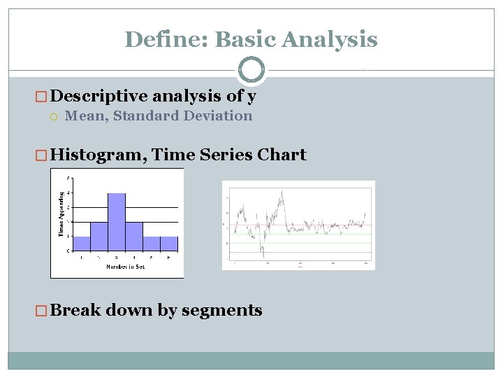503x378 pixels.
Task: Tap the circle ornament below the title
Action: pos(251,70)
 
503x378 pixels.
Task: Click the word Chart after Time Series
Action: pos(283,155)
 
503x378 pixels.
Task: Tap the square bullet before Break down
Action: pos(42,311)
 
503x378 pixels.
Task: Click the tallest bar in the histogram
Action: pos(117,221)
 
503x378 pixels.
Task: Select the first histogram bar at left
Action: pos(82,243)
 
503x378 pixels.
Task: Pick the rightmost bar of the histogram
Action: pos(169,243)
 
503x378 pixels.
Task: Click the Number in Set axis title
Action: pos(126,267)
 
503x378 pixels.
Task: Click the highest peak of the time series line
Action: pos(282,191)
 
